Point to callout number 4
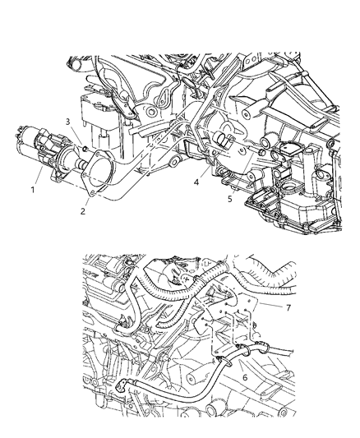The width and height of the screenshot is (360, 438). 195,182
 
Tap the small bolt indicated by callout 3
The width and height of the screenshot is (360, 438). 85,148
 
